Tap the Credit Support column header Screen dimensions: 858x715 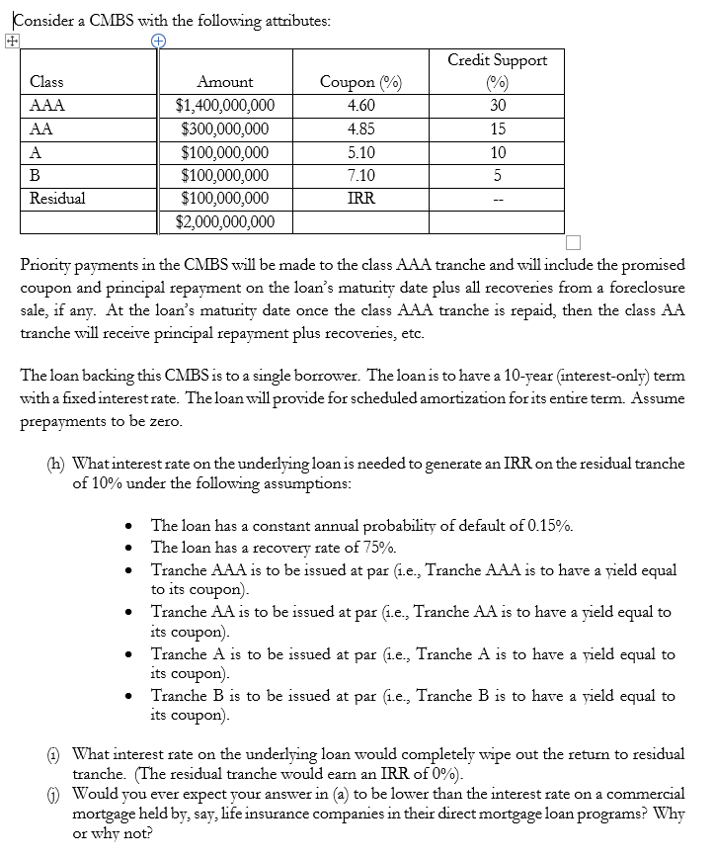point(497,60)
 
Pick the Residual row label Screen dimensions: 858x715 point(57,198)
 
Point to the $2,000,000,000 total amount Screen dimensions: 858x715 point(225,221)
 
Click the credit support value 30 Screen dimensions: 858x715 point(497,106)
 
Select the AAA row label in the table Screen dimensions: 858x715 point(42,106)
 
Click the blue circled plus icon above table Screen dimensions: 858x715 point(158,41)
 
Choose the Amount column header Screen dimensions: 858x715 point(225,82)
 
